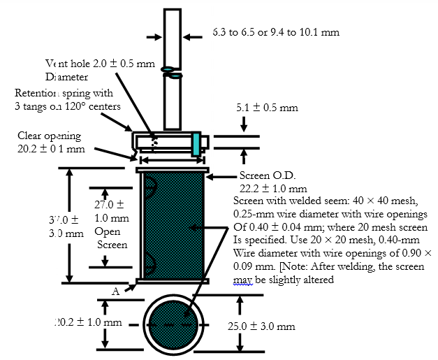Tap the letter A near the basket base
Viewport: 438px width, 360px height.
115,292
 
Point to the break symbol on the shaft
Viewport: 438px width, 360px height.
173,71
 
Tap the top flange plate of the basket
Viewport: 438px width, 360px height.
173,170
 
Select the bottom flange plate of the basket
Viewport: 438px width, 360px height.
173,281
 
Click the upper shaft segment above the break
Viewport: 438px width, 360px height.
173,35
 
